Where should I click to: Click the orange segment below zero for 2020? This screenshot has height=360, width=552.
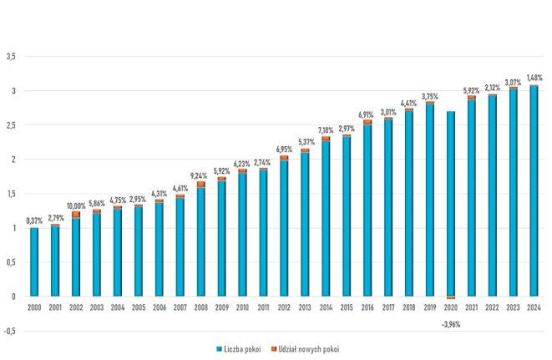pos(451,297)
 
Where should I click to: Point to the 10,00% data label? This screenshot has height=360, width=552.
pos(76,205)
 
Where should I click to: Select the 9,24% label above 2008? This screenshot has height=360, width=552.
pos(201,176)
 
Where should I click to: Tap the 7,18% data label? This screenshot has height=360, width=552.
pos(326,130)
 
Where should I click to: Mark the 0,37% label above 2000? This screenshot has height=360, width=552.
pos(34,221)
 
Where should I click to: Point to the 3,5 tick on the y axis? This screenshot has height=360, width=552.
pos(11,56)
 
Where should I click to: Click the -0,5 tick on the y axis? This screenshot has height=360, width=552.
pos(10,331)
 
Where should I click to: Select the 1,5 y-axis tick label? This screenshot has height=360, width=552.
pos(11,194)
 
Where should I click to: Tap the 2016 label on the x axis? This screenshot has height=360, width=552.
pos(367,308)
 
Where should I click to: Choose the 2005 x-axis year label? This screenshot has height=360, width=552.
pos(139,308)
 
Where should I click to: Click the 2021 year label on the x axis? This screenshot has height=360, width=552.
pos(472,308)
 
